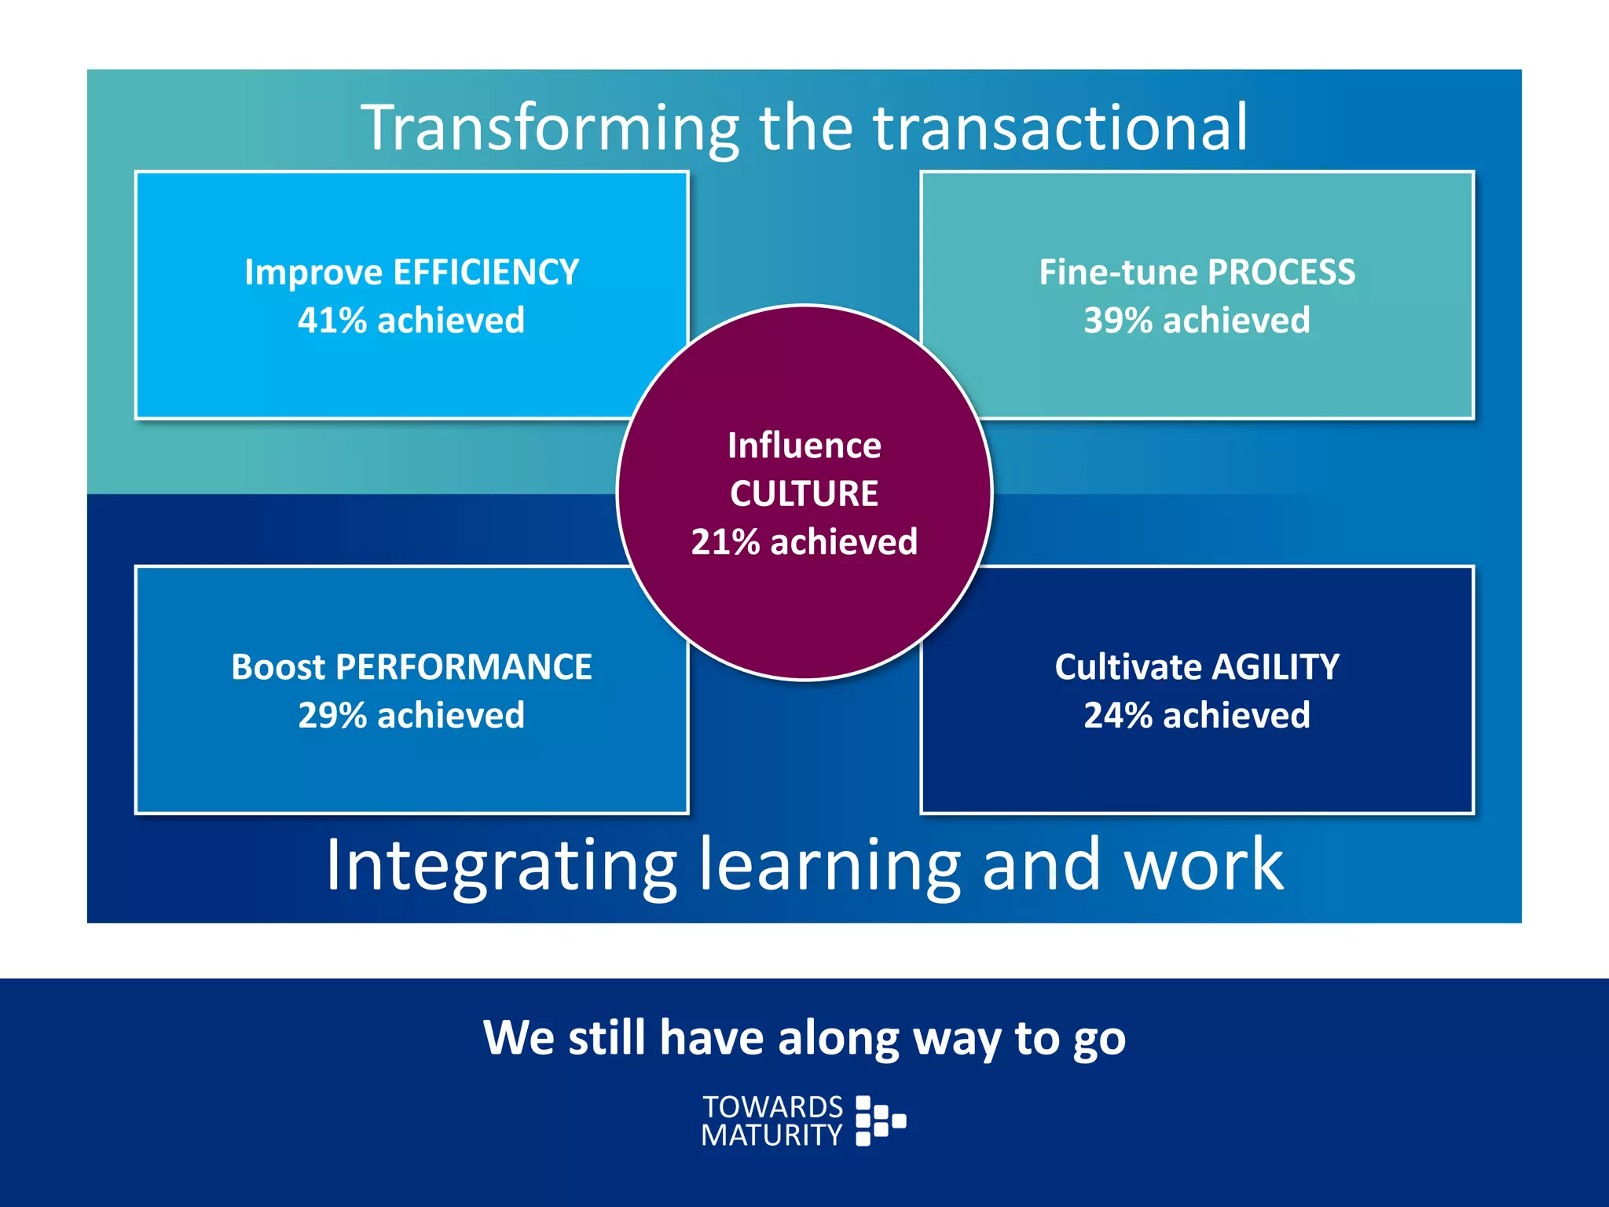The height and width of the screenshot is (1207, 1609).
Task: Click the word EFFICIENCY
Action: [486, 273]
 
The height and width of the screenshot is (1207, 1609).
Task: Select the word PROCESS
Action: [1281, 273]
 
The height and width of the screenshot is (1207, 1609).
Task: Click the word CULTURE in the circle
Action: [804, 494]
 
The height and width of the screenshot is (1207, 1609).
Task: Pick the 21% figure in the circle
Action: [725, 542]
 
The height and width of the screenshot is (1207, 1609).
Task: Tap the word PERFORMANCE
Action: [464, 667]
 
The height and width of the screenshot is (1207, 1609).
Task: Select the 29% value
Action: [332, 716]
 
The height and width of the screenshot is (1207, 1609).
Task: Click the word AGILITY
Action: [1275, 667]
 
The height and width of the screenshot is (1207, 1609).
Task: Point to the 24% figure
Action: [1118, 716]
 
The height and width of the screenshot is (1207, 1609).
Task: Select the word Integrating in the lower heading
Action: [501, 865]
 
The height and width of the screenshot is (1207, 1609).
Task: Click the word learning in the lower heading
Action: [830, 865]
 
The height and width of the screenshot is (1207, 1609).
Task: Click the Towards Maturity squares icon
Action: [880, 1121]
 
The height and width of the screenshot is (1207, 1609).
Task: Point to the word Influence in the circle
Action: [804, 446]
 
